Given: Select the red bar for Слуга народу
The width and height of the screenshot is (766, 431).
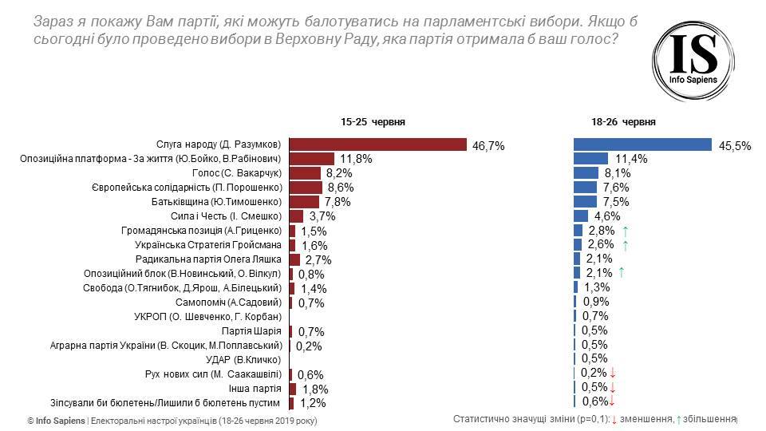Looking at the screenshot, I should point(377,144).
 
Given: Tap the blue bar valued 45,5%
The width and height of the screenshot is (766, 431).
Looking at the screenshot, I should point(642,144).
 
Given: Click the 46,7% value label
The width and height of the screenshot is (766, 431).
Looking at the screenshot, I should point(488,145).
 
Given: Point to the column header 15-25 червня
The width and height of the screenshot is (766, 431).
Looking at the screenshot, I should point(373,122).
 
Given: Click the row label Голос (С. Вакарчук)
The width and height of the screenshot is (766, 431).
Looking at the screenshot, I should point(238,173).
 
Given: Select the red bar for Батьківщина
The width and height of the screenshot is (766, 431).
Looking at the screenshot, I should point(304,202).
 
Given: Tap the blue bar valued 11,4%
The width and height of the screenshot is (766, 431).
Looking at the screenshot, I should point(591,159).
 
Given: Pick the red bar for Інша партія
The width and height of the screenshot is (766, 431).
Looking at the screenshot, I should point(292,389).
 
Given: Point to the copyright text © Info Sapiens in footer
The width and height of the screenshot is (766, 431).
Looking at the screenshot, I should point(55,420).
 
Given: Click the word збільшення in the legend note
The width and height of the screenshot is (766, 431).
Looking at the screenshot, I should point(708,419).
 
